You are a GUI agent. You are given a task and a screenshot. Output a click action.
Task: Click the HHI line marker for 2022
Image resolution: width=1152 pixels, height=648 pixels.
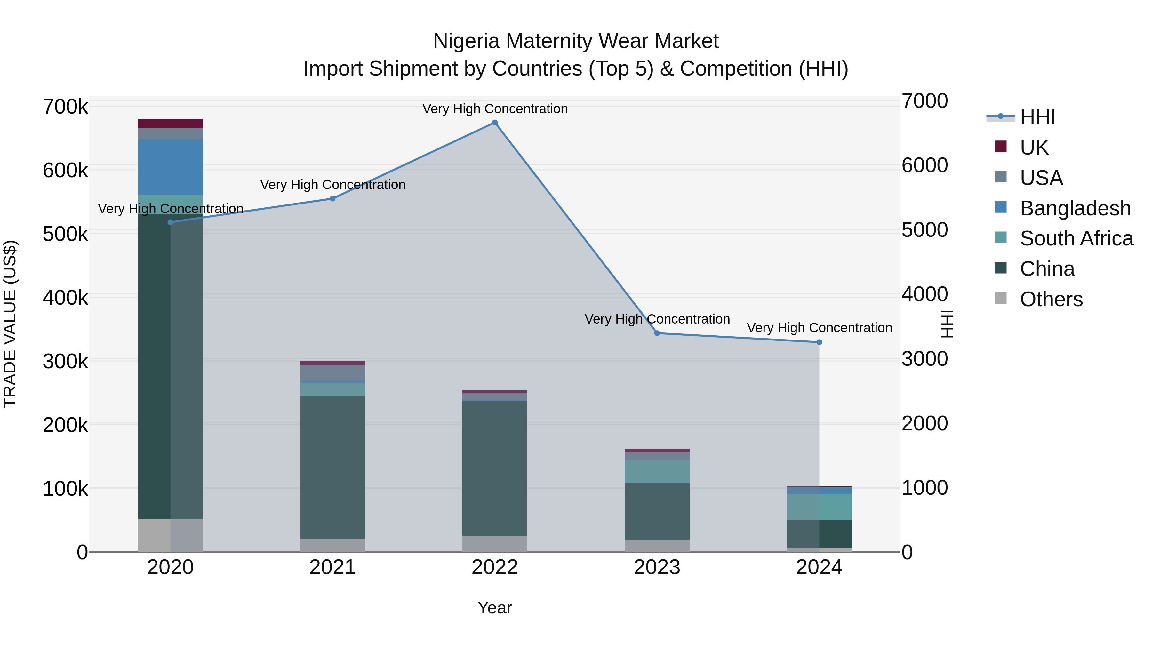[495, 123]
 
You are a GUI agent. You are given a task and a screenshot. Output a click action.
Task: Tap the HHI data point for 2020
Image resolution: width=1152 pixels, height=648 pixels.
[170, 222]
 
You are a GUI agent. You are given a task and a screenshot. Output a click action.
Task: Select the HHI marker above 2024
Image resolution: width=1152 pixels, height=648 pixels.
[819, 342]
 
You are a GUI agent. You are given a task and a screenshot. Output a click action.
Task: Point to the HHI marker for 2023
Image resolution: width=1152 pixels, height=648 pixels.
[657, 333]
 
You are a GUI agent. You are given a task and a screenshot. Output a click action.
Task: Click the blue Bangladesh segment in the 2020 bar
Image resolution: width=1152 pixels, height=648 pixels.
[170, 167]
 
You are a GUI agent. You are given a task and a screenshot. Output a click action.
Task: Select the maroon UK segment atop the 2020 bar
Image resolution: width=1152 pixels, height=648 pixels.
[170, 123]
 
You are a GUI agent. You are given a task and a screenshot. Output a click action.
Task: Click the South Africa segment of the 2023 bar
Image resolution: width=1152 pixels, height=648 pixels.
[657, 471]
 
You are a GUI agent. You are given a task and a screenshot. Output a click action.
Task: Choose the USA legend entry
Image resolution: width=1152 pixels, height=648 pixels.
[1041, 178]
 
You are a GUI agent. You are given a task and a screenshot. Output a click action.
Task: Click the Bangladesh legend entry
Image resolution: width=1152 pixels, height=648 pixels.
[1075, 208]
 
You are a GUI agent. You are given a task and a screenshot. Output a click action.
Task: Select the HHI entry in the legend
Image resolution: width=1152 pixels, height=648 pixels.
[1037, 117]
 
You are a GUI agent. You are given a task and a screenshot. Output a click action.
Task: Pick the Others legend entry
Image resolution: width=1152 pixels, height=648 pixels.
[1051, 299]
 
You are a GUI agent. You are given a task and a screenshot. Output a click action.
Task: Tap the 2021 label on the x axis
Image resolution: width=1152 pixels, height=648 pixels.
[332, 567]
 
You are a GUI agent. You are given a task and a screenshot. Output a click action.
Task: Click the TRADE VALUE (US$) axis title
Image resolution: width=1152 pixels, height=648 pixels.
[10, 324]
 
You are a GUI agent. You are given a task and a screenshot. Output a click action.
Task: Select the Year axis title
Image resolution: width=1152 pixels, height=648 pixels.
[495, 608]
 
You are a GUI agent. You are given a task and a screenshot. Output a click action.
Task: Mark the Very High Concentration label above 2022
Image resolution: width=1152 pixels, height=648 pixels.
[495, 109]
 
